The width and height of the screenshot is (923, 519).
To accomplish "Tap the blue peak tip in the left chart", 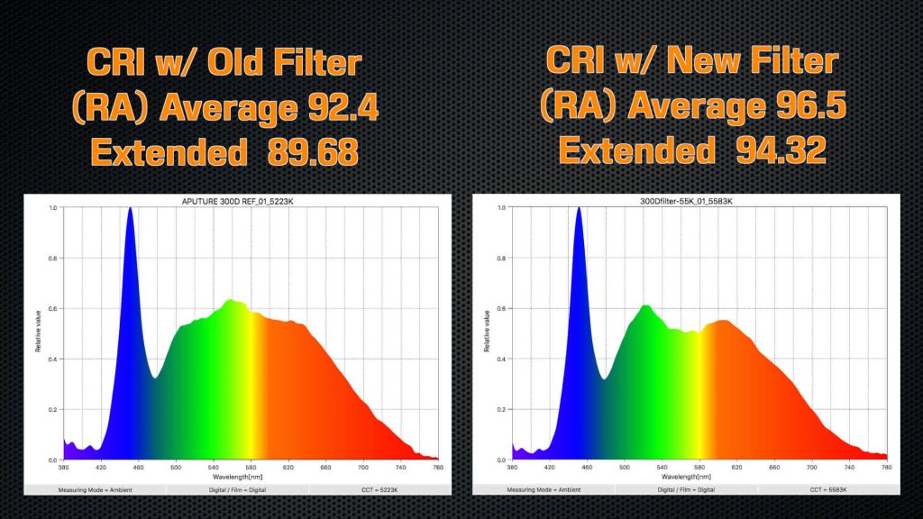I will point(130,209).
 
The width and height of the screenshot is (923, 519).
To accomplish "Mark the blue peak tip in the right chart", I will point(578,209).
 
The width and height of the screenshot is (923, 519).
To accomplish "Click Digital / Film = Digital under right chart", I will point(686,489).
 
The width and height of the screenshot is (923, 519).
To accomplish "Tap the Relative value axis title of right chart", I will point(488,332).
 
